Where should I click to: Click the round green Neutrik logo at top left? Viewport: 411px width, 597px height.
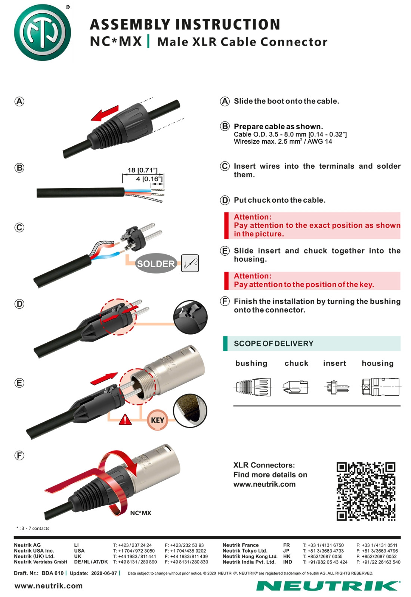tap(42, 32)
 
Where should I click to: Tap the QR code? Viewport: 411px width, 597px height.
tap(366, 491)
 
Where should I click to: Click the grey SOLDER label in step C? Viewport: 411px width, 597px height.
tap(156, 263)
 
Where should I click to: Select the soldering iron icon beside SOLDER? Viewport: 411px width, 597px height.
tap(190, 263)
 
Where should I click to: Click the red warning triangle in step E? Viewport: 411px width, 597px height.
tap(125, 420)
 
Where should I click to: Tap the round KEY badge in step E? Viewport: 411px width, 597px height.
tap(157, 420)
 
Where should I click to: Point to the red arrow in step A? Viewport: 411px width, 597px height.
tap(105, 113)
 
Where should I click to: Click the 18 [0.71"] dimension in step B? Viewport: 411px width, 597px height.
tap(142, 170)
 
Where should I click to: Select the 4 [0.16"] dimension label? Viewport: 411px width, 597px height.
tap(149, 179)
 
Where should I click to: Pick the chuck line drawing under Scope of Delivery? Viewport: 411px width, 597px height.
tap(296, 387)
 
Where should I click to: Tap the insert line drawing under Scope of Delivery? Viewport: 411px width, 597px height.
tap(336, 387)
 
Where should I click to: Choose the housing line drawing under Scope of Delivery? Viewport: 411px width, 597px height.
tap(380, 386)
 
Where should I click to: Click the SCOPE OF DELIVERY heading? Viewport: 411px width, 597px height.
tap(274, 343)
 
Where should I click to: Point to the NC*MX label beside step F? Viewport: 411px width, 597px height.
tap(140, 513)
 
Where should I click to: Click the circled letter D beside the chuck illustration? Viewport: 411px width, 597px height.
tap(19, 304)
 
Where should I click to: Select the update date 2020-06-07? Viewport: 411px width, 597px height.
tap(104, 573)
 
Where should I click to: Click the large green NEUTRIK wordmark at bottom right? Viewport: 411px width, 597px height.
tap(328, 586)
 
